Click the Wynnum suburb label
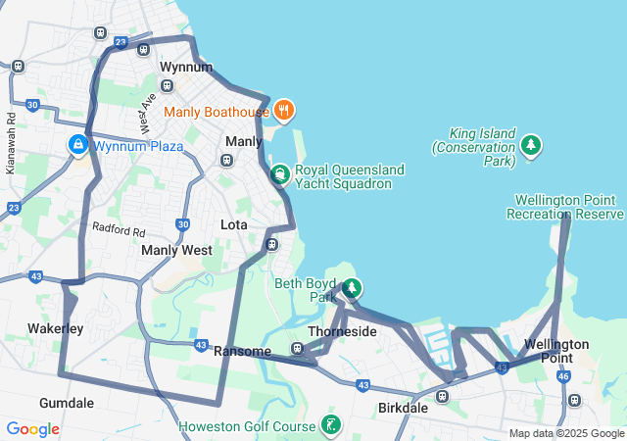pyautogui.click(x=186, y=68)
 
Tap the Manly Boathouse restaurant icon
pyautogui.click(x=283, y=111)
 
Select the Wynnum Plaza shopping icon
pyautogui.click(x=77, y=146)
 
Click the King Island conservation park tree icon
pyautogui.click(x=531, y=146)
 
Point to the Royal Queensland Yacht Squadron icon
pyautogui.click(x=279, y=175)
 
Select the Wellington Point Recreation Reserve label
pyautogui.click(x=565, y=207)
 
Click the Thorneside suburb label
pyautogui.click(x=342, y=332)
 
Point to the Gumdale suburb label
pyautogui.click(x=67, y=403)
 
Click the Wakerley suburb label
pyautogui.click(x=55, y=328)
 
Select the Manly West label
pyautogui.click(x=176, y=250)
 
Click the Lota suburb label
pyautogui.click(x=234, y=224)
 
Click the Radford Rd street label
pyautogui.click(x=119, y=231)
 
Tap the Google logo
pyautogui.click(x=32, y=429)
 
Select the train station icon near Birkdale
pyautogui.click(x=443, y=397)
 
